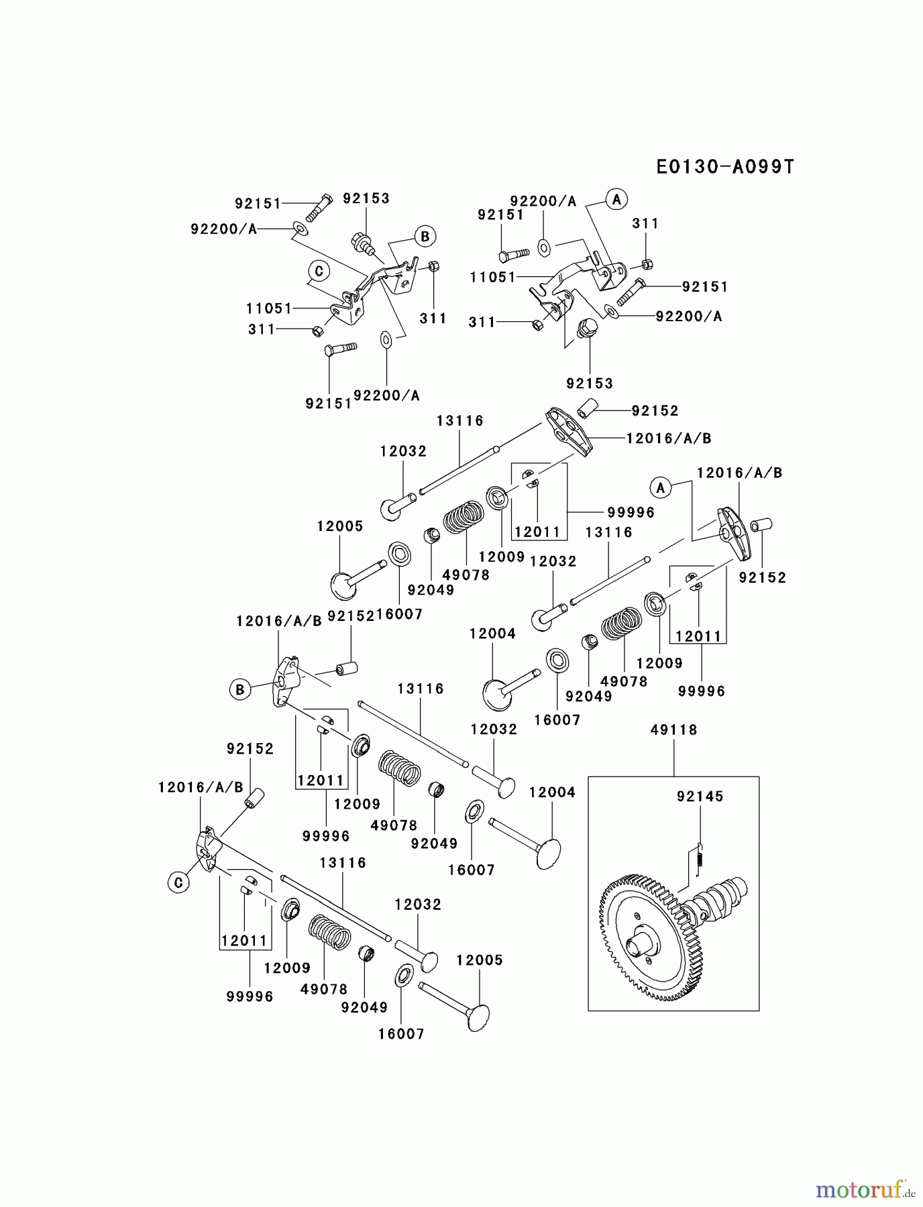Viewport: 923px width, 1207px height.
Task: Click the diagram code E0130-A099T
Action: (x=724, y=167)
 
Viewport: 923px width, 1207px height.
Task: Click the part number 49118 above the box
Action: (x=673, y=730)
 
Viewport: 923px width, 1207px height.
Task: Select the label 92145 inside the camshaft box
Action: (x=700, y=797)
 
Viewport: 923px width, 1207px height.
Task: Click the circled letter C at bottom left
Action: (x=178, y=882)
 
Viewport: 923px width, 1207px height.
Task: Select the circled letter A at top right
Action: (x=616, y=199)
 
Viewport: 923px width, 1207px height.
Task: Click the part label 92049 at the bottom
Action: (x=364, y=1007)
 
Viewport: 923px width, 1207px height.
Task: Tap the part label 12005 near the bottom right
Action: (x=479, y=960)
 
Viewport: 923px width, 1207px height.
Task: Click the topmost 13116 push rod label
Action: (x=459, y=421)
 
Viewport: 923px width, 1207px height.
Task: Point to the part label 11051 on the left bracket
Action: (x=269, y=308)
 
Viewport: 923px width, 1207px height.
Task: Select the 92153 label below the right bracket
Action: (x=590, y=384)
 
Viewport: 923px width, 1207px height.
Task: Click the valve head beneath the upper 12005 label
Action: (x=346, y=584)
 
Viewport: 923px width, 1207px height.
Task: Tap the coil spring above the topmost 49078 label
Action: (x=464, y=517)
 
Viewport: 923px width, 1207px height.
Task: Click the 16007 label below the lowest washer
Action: (x=401, y=1034)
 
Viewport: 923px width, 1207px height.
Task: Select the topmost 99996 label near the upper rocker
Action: (x=631, y=512)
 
